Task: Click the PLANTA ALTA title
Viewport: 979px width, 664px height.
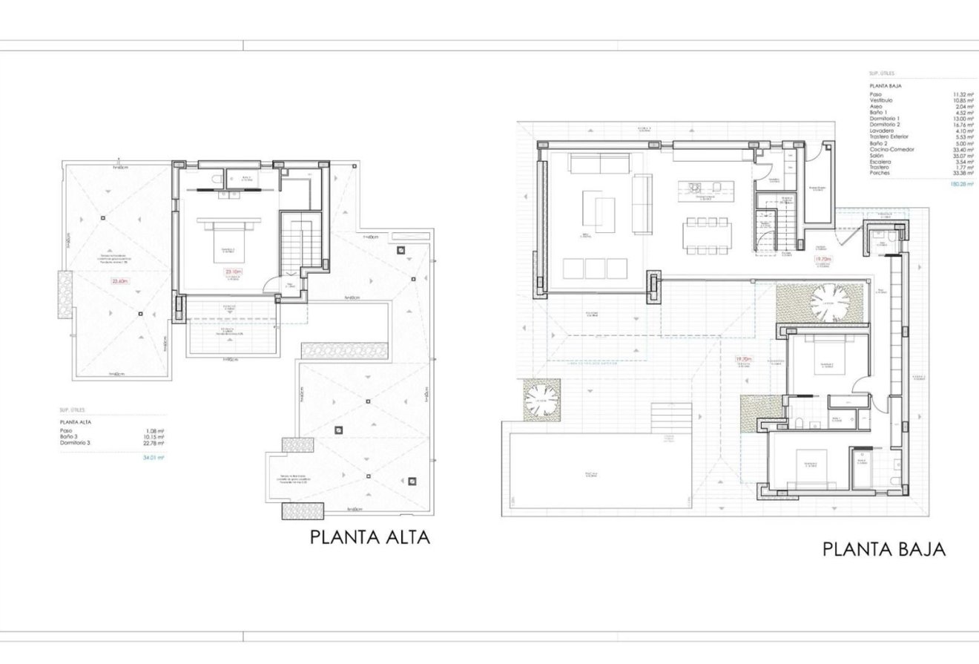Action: point(369,537)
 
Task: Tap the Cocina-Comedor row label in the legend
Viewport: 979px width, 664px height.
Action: point(891,150)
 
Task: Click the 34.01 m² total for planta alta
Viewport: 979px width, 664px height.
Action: point(153,458)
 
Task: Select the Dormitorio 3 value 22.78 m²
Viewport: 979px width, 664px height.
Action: point(155,443)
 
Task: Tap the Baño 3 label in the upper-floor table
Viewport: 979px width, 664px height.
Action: point(68,437)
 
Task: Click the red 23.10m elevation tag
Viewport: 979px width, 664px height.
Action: point(233,272)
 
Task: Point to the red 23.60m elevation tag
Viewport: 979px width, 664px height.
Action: point(119,281)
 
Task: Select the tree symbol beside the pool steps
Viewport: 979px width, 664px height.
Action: point(541,401)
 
